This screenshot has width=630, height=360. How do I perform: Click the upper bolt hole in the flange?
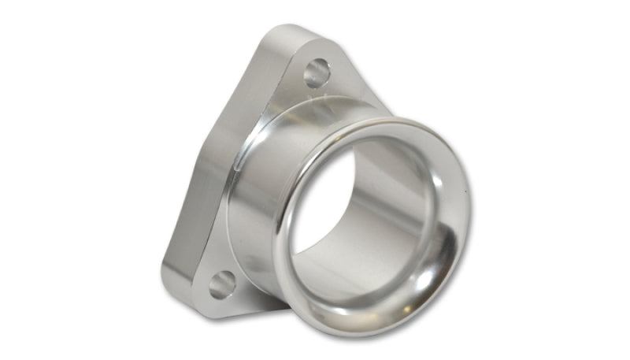[x=316, y=73]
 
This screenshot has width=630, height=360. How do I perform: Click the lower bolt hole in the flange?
[x=222, y=284]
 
